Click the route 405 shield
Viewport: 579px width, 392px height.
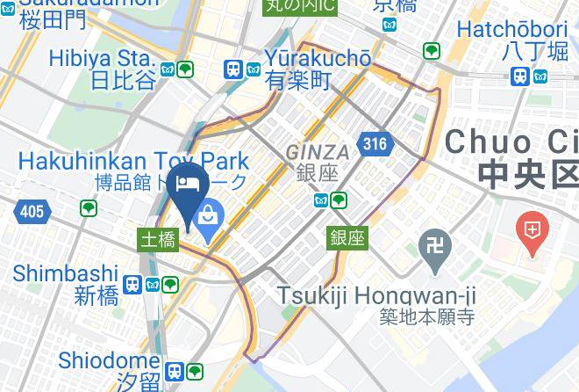pos(30,211)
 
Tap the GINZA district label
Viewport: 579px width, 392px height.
pos(318,152)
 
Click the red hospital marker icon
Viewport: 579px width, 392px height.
pos(532,232)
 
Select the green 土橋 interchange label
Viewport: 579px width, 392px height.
pos(159,239)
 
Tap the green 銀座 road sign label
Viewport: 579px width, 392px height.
pos(347,237)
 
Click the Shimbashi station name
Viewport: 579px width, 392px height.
pos(66,272)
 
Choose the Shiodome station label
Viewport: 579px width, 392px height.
pos(110,360)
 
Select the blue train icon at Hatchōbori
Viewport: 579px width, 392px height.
pos(520,76)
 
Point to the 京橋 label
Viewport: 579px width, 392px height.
pos(394,4)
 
